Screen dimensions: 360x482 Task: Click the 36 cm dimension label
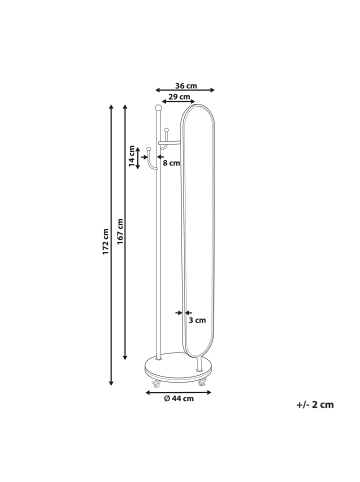coord(186,86)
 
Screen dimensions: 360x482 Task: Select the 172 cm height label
coord(106,242)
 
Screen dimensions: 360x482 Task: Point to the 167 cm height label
coord(120,231)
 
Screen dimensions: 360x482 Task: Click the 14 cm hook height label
coord(132,156)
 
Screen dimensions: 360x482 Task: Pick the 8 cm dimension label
coord(172,163)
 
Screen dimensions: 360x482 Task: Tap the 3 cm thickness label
coord(197,320)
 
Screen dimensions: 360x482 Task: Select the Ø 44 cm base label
coord(179,398)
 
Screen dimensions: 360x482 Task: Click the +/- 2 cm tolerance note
coord(315,405)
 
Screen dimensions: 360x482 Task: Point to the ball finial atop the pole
coord(158,107)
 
